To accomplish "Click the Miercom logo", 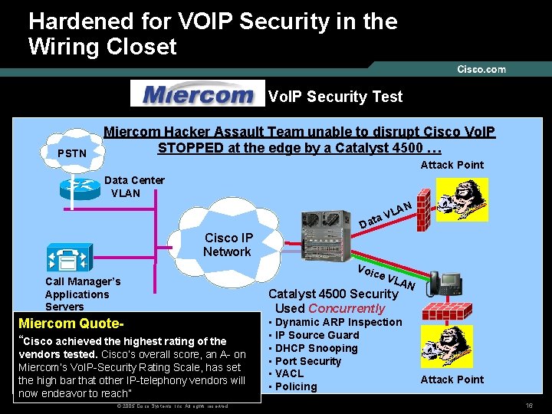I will click(197, 95).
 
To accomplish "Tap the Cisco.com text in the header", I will click(481, 69).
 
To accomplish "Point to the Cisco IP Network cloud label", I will click(227, 245).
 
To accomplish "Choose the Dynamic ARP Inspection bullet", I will click(338, 323).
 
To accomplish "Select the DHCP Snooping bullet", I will click(316, 348).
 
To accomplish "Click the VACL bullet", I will click(289, 374).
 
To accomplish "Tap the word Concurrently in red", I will click(347, 308).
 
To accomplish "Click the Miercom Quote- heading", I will click(67, 324).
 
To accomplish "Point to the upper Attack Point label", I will click(452, 165).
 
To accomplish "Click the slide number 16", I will click(529, 405).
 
